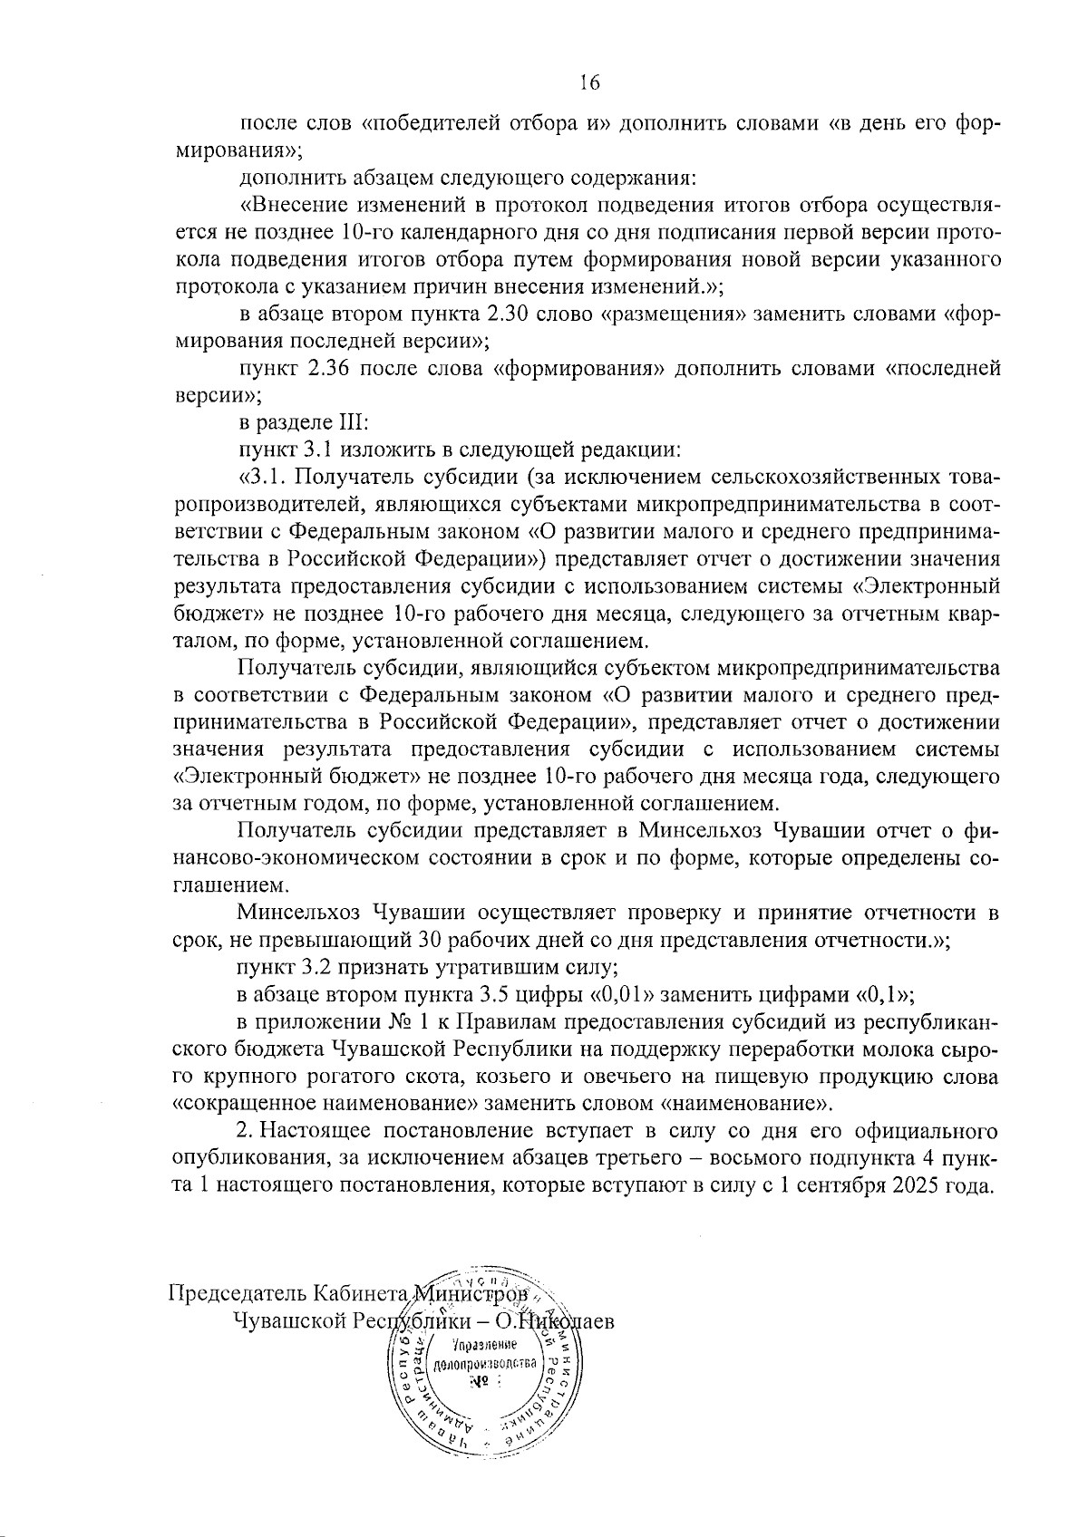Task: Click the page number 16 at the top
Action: (589, 82)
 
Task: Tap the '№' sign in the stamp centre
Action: (478, 1381)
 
